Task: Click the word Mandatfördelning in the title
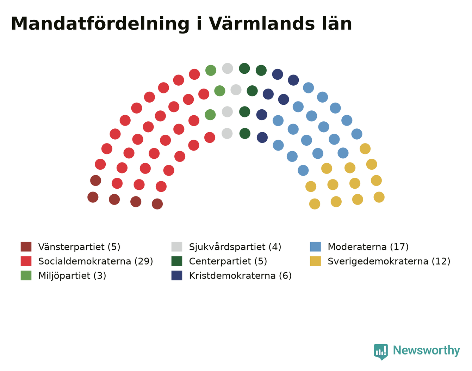click(100, 24)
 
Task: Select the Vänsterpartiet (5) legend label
click(79, 247)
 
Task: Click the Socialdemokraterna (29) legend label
click(95, 261)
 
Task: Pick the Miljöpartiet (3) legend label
click(72, 276)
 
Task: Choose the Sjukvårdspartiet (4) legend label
click(235, 247)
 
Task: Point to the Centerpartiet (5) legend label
click(228, 261)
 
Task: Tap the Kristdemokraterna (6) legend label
click(240, 276)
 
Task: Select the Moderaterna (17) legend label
click(368, 247)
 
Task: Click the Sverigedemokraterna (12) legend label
click(389, 261)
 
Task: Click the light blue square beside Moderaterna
click(315, 247)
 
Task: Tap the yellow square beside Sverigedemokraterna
click(315, 261)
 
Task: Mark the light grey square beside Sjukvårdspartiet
click(177, 247)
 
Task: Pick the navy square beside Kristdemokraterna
click(177, 275)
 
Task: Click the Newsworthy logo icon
click(381, 352)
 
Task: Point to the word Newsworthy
click(427, 350)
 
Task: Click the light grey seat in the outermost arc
click(228, 68)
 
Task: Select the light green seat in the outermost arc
click(211, 71)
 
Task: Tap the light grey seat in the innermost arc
click(227, 133)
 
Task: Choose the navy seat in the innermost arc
click(262, 138)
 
